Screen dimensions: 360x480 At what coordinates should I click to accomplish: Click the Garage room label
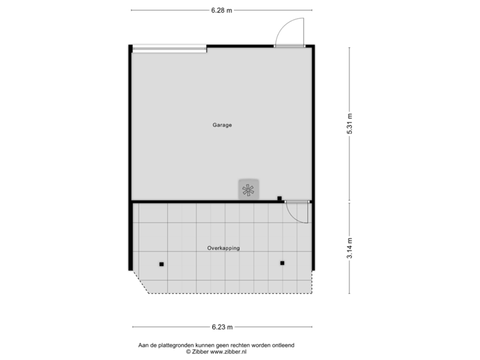pos(222,125)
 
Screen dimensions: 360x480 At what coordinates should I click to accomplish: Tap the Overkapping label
pos(223,248)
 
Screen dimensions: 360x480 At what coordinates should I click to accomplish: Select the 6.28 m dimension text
pos(222,10)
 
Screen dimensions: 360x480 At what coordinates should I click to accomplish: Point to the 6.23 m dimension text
pos(222,327)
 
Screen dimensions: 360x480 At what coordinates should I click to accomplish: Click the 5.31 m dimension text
pos(349,124)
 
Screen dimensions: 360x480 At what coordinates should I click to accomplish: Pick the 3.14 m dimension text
pos(349,248)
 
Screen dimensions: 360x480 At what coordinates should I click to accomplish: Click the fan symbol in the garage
pos(249,189)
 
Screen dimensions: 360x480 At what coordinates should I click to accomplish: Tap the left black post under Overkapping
pos(161,264)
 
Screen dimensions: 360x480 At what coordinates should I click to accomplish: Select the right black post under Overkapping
pos(282,263)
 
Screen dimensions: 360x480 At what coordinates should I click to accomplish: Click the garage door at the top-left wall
pos(169,48)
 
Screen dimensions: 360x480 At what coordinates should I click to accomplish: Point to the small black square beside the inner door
pos(279,198)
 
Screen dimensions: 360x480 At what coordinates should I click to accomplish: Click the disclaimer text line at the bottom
pos(216,345)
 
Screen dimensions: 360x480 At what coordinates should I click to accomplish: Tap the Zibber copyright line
pos(216,351)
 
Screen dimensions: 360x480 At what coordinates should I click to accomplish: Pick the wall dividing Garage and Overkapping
pos(200,201)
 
